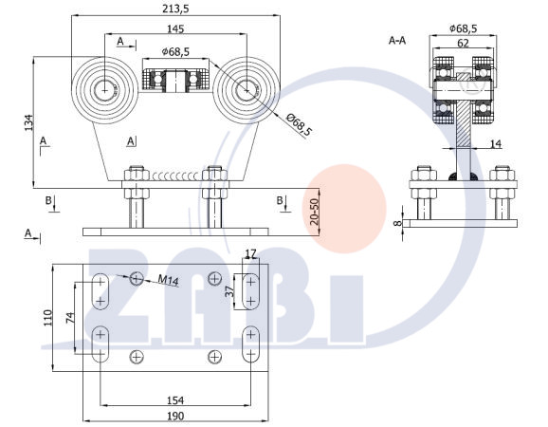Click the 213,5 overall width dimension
175,9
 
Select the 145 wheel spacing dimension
175,28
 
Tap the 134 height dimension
28,122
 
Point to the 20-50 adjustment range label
314,212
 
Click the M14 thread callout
169,280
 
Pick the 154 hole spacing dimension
175,399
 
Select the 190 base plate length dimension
175,416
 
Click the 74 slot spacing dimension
70,318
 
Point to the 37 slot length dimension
229,291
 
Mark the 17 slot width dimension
250,252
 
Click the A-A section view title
397,41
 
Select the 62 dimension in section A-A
463,43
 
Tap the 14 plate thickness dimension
495,143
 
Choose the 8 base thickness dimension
397,222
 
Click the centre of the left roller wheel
104,90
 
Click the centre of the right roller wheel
247,90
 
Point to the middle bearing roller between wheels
175,82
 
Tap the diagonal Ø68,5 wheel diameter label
299,125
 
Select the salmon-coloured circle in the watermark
344,209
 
